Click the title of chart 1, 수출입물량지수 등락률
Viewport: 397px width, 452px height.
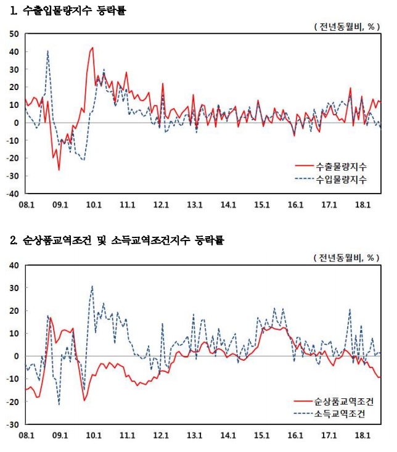pos(68,10)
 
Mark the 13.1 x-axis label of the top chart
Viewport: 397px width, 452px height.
pos(195,204)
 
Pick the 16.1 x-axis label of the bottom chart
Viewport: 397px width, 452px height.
pos(295,435)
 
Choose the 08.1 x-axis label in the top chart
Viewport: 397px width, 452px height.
pos(27,204)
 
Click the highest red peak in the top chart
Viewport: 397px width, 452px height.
pos(92,47)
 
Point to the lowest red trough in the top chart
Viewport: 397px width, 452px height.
pos(59,170)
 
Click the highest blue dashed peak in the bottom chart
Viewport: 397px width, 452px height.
pos(92,286)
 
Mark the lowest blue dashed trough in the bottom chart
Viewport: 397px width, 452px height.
pos(59,405)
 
